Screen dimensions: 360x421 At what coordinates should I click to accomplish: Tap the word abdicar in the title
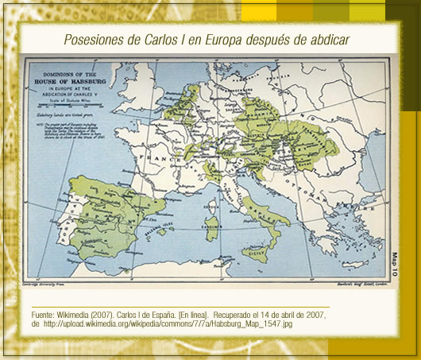point(327,39)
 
